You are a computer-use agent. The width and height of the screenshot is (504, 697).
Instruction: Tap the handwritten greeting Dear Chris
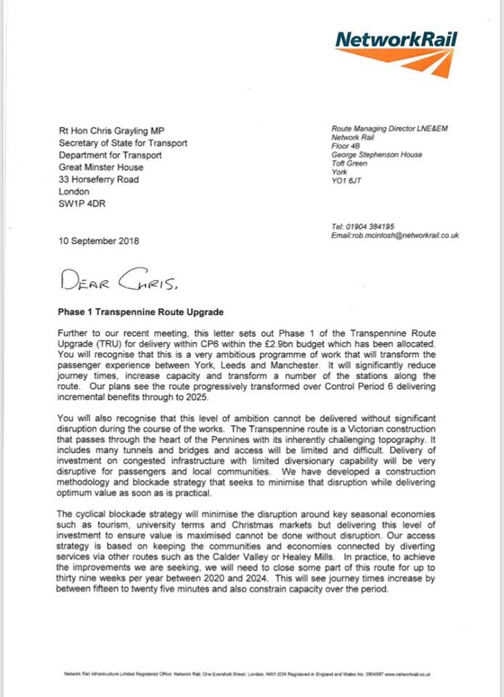pos(121,278)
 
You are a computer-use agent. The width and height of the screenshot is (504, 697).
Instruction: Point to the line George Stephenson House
pos(377,155)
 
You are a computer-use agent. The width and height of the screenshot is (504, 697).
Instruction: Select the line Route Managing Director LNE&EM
pos(385,129)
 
